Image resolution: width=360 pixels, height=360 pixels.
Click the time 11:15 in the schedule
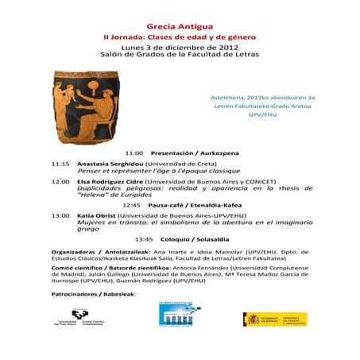tap(60, 164)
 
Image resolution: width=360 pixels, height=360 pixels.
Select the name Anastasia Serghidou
tap(110, 164)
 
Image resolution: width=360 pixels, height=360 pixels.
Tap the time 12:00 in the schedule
tap(60, 181)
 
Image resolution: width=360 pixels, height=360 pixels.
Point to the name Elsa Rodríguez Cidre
tap(115, 181)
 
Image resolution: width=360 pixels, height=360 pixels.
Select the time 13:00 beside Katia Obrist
tap(60, 215)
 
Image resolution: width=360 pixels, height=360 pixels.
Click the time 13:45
tap(144, 238)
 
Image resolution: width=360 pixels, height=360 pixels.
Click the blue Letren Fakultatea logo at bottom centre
tap(180, 315)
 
